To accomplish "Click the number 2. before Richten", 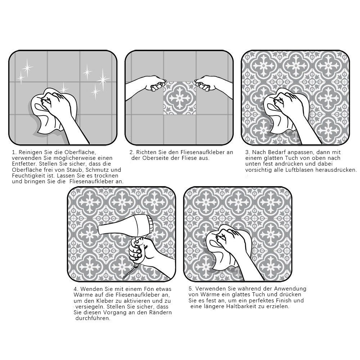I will (x=132, y=152).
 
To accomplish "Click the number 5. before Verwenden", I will (x=191, y=289).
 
